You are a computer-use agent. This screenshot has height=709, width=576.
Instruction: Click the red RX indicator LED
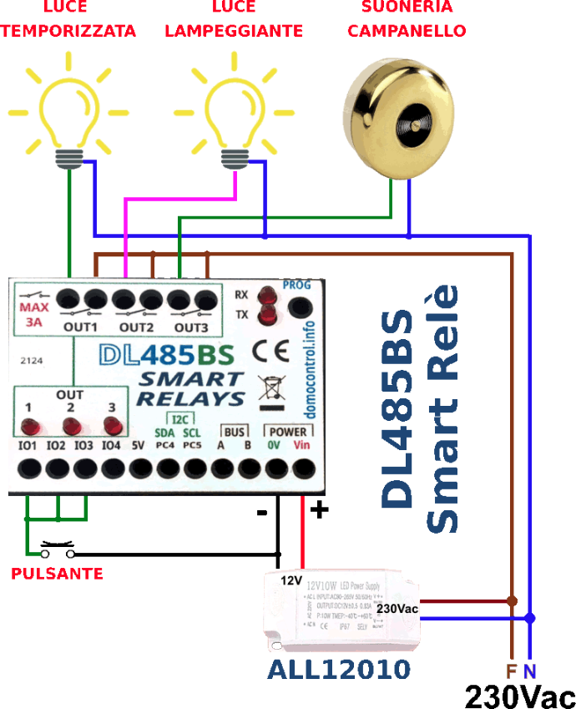click(x=268, y=296)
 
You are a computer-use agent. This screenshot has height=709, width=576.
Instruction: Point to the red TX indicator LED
click(x=268, y=315)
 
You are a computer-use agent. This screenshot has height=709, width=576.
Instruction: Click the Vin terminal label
click(x=302, y=445)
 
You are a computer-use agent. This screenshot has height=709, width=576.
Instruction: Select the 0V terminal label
click(x=274, y=445)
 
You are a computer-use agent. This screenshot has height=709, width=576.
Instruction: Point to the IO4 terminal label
click(x=112, y=446)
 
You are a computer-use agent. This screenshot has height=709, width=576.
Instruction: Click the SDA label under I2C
click(x=164, y=433)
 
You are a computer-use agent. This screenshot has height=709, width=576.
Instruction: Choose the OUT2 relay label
click(x=136, y=327)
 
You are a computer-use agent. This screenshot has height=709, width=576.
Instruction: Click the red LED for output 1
click(x=30, y=428)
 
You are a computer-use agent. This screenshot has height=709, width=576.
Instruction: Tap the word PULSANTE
click(x=58, y=574)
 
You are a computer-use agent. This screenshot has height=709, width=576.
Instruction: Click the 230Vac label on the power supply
click(x=397, y=609)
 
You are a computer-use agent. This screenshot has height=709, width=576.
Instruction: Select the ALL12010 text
click(x=339, y=669)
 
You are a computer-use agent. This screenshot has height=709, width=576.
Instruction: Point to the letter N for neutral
click(x=529, y=671)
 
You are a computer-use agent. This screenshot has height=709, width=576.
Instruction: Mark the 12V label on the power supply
click(x=291, y=580)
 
